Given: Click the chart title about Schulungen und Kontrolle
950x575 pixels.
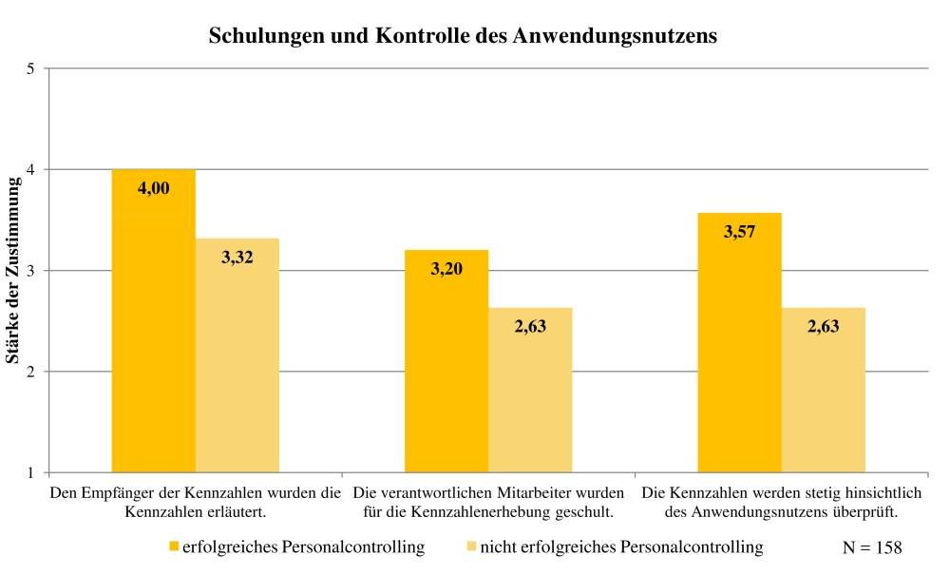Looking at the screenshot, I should click(x=463, y=36).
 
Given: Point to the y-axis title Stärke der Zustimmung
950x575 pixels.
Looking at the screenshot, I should click(x=13, y=270).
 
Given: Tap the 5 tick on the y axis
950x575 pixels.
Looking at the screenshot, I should click(x=30, y=68).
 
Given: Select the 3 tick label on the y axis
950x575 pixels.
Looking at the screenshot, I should click(x=30, y=271).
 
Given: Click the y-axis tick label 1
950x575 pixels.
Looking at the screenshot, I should click(x=30, y=472).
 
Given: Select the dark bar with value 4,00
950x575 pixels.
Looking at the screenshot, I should click(x=154, y=323).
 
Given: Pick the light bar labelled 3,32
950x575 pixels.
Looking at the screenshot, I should click(x=237, y=356).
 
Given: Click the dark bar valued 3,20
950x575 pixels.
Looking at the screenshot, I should click(x=446, y=361).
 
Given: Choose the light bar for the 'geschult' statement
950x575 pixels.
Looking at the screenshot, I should click(x=530, y=390).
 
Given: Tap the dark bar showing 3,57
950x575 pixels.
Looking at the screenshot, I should click(x=739, y=342).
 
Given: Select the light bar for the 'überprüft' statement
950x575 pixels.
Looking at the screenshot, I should click(x=823, y=390).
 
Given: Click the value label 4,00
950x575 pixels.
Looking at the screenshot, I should click(x=154, y=188).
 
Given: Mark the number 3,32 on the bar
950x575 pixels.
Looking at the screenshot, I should click(x=237, y=258).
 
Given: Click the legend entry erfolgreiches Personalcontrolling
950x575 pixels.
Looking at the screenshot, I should click(x=296, y=547).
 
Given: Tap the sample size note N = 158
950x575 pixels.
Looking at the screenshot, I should click(x=871, y=547).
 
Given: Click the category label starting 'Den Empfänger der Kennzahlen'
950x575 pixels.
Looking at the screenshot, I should click(x=195, y=502).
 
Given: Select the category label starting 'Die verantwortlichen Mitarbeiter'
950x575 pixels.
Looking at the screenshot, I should click(x=488, y=502).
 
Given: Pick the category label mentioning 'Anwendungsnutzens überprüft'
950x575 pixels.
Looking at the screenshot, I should click(x=782, y=502).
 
